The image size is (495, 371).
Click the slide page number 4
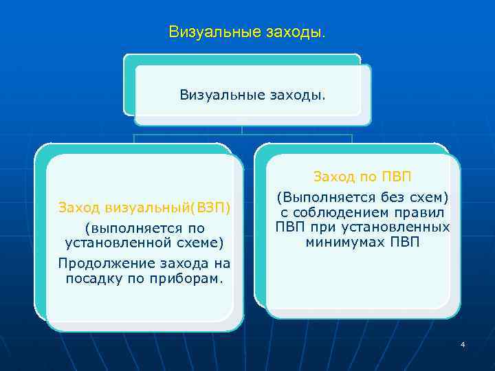tap(463, 344)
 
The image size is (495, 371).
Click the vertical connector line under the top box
tap(242, 130)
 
